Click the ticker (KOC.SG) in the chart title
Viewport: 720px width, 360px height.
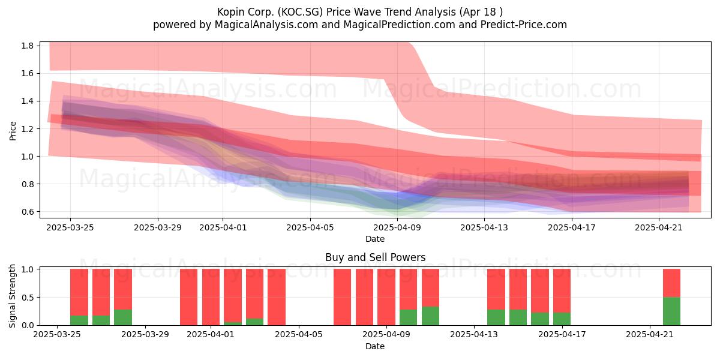click(300, 12)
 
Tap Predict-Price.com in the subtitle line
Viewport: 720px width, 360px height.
click(524, 25)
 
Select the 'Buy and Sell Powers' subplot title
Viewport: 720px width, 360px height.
click(375, 257)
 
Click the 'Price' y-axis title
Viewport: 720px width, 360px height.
click(13, 131)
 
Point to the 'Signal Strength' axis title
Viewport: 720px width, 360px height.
click(12, 296)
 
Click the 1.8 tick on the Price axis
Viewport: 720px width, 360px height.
click(28, 46)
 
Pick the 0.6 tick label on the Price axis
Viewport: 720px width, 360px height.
click(28, 212)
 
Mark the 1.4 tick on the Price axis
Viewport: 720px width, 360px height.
click(28, 101)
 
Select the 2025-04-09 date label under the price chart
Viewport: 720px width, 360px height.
click(397, 227)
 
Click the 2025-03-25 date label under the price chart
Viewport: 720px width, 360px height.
click(70, 227)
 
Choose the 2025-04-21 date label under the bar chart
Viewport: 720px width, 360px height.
click(650, 335)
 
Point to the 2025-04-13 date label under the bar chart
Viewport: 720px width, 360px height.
click(474, 335)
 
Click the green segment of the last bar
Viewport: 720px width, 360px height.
click(672, 311)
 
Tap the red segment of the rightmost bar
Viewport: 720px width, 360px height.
click(672, 283)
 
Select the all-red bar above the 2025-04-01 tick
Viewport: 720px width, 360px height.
click(211, 297)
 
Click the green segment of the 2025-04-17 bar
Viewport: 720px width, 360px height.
click(562, 319)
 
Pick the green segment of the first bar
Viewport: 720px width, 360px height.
click(79, 320)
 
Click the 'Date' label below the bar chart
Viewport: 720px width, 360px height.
click(375, 346)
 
